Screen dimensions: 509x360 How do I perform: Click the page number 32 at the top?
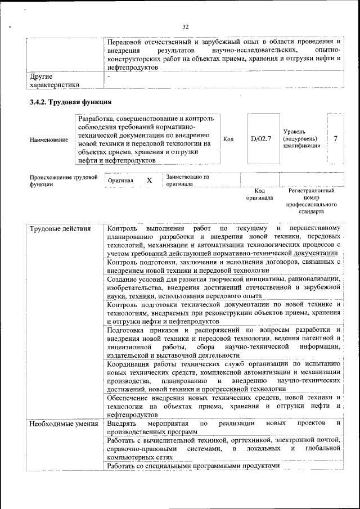coord(186,26)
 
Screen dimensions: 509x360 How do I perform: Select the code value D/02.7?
coord(260,139)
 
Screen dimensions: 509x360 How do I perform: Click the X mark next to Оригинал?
coord(149,181)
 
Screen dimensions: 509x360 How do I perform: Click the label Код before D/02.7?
coord(228,139)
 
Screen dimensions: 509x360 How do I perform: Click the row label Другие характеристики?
coord(54,80)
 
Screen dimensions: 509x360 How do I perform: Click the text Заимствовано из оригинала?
coord(187,181)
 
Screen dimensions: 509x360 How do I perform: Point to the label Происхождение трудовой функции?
coord(64,181)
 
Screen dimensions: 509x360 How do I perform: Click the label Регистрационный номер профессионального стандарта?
coord(311,202)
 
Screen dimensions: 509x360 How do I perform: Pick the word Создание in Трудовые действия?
coord(123,278)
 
